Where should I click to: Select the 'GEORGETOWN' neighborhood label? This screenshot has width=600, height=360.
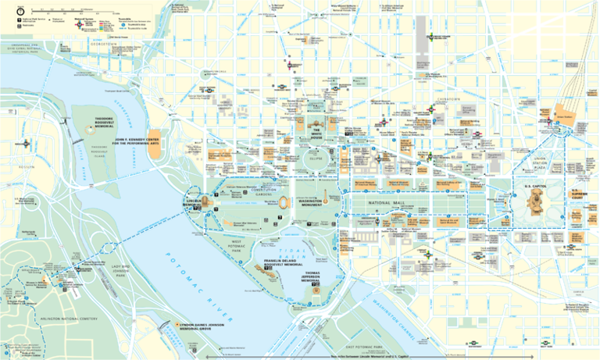pos(102,45)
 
